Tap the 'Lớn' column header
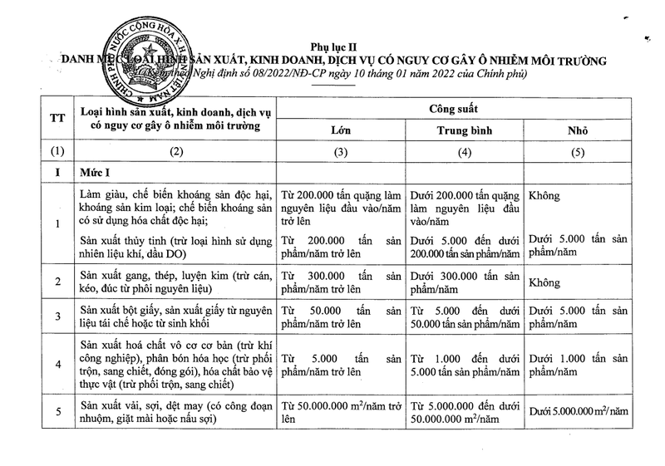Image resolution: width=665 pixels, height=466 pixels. (x=341, y=130)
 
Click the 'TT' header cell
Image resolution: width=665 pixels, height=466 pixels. (x=57, y=119)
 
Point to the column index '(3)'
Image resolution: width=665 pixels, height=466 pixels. (x=341, y=153)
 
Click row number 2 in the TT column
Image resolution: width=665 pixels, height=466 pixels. (x=57, y=282)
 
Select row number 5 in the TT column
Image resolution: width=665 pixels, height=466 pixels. (x=57, y=412)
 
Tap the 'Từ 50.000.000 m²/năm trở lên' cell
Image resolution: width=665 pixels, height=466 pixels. (x=341, y=412)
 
